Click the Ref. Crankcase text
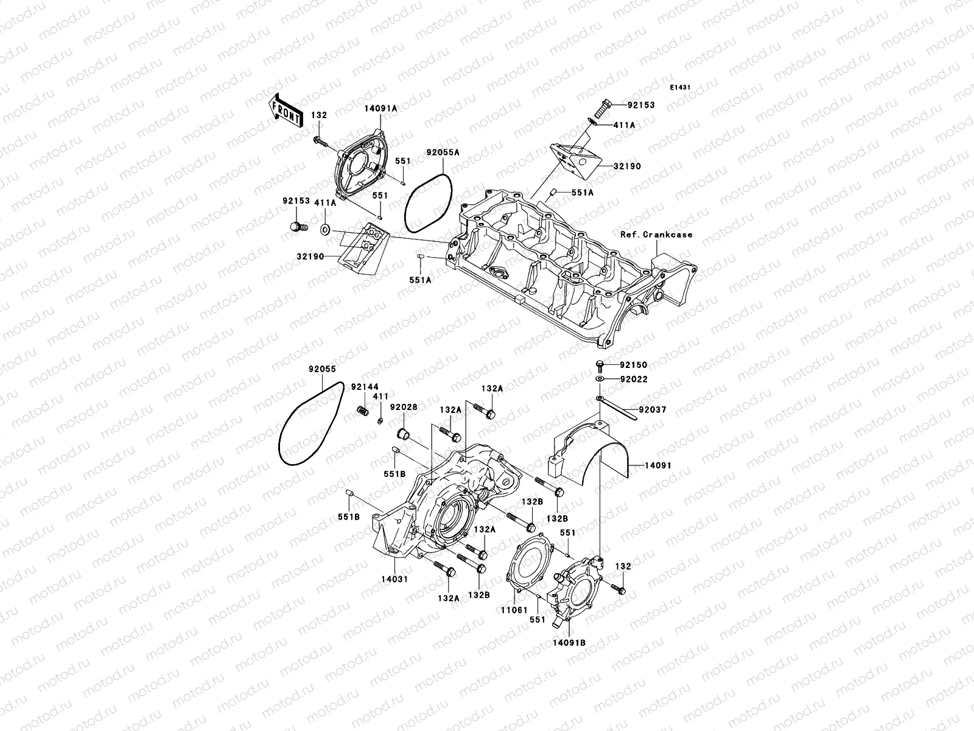[656, 234]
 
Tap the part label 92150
[634, 365]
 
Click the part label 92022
[634, 379]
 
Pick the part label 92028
[404, 407]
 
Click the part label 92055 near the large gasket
[322, 369]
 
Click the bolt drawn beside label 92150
[600, 365]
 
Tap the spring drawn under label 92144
[363, 411]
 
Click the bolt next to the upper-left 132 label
[319, 141]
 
